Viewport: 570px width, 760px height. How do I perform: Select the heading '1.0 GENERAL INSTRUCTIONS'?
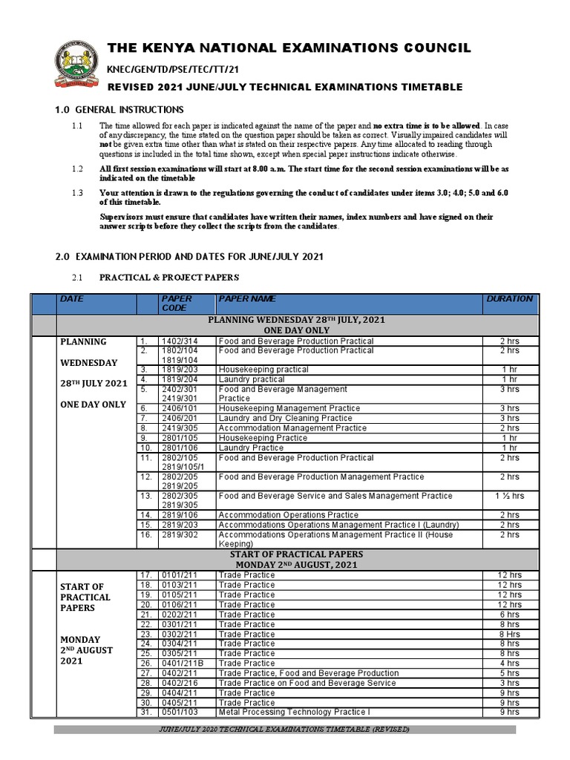pyautogui.click(x=119, y=110)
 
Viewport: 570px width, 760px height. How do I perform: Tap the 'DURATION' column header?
pyautogui.click(x=509, y=299)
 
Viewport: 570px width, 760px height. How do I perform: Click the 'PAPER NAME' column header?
pyautogui.click(x=246, y=299)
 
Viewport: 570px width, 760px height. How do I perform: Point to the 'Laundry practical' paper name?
pyautogui.click(x=252, y=379)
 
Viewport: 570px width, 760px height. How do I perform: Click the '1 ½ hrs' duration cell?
pyautogui.click(x=509, y=496)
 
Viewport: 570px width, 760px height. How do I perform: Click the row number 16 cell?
pyautogui.click(x=147, y=534)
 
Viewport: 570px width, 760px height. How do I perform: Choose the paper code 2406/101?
pyautogui.click(x=178, y=408)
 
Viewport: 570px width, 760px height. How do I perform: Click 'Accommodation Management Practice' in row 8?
pyautogui.click(x=292, y=428)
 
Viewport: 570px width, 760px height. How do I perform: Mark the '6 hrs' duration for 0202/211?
pyautogui.click(x=509, y=615)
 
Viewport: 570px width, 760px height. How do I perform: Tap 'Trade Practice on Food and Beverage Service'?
pyautogui.click(x=307, y=683)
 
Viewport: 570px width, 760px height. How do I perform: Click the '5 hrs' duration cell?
pyautogui.click(x=509, y=673)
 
